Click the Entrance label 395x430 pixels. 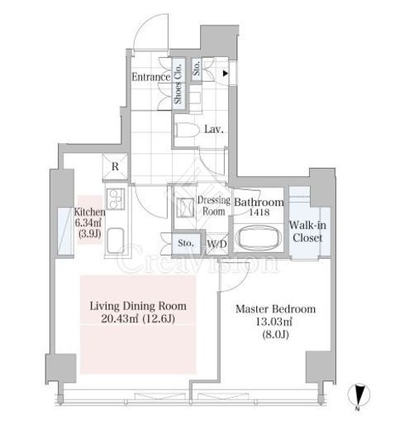point(151,77)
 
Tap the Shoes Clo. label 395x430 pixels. point(178,84)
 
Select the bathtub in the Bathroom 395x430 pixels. point(259,238)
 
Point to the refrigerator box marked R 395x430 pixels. point(116,167)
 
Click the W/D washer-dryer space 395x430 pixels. point(217,244)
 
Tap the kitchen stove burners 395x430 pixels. point(116,198)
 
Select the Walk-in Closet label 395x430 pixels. point(307,232)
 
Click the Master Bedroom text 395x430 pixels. point(276,309)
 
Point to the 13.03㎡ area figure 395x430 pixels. point(274,322)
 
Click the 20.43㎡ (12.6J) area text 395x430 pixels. point(138,318)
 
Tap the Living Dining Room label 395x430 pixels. point(138,306)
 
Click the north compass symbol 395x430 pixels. point(359,395)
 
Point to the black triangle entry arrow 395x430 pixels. point(226,74)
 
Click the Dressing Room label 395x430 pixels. point(214,206)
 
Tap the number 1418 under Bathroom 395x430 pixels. point(259,213)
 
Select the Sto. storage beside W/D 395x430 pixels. point(186,243)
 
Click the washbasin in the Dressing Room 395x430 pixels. point(186,208)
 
